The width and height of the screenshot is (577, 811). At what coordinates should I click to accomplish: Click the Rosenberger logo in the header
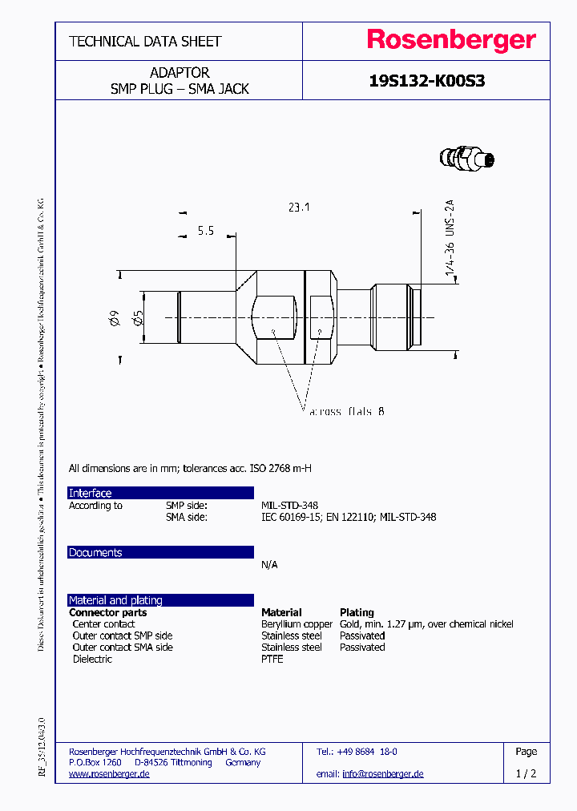(x=451, y=40)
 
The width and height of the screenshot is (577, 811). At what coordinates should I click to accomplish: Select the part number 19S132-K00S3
(x=426, y=81)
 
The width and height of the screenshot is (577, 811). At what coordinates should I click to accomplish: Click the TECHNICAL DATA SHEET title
(x=145, y=41)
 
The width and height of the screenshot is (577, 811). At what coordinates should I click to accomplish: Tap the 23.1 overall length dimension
(x=298, y=208)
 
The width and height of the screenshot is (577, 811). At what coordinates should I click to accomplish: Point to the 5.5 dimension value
(x=206, y=231)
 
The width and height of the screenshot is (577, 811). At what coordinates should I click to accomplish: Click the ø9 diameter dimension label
(x=114, y=319)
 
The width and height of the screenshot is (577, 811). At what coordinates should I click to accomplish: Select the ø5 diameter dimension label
(x=137, y=319)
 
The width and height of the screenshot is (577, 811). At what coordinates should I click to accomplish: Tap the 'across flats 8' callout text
(x=346, y=411)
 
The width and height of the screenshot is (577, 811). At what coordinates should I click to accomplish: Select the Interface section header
(x=91, y=493)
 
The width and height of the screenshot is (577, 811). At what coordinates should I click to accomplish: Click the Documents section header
(x=95, y=553)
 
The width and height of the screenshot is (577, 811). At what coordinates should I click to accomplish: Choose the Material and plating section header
(x=115, y=600)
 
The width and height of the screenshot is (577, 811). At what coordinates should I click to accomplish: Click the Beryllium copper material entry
(x=297, y=624)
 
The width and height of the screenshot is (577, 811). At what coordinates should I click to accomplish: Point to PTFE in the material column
(x=272, y=660)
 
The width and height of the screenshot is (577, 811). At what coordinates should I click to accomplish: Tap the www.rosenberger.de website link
(x=109, y=774)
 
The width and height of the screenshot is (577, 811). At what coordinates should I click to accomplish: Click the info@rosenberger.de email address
(x=382, y=774)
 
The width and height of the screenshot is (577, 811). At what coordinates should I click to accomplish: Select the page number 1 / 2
(x=526, y=774)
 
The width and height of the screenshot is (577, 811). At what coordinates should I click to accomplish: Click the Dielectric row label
(x=92, y=660)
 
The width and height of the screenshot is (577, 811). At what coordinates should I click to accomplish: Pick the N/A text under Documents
(x=269, y=565)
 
